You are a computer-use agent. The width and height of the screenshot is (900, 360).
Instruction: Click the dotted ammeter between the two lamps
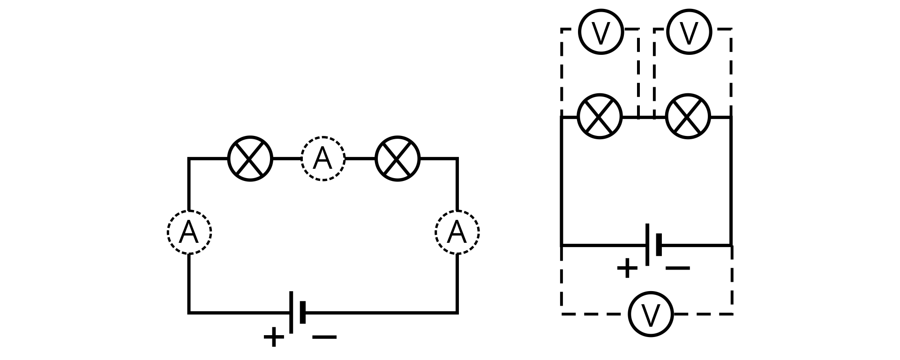tap(323, 159)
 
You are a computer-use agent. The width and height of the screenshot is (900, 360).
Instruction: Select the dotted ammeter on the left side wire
tap(189, 232)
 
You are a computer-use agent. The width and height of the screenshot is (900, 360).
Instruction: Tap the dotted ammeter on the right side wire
tap(457, 232)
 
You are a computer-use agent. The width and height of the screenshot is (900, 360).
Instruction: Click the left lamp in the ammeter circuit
tap(250, 158)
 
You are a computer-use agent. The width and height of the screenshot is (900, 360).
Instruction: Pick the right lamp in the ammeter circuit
tap(397, 158)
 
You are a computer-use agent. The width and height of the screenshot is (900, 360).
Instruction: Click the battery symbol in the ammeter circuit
tap(297, 313)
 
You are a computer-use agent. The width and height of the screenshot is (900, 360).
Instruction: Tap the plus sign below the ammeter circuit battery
tap(274, 337)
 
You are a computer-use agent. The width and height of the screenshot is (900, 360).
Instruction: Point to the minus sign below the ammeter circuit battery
tap(324, 337)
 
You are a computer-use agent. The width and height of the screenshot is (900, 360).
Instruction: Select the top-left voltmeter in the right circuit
tap(601, 31)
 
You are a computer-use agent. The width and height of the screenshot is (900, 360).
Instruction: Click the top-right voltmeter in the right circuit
tap(689, 31)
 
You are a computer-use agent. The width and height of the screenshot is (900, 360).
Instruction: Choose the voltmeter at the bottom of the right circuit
tap(651, 314)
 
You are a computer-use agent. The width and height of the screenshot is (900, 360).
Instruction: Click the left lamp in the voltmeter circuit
tap(600, 116)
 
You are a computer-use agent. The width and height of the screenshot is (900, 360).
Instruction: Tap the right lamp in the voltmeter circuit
tap(688, 116)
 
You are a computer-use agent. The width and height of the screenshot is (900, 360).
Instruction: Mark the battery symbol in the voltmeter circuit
tap(653, 245)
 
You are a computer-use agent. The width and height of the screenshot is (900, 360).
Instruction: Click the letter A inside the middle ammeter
tap(322, 159)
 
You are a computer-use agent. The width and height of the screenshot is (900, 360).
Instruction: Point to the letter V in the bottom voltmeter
tap(651, 315)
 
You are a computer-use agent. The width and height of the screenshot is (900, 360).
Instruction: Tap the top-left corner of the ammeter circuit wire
tap(189, 159)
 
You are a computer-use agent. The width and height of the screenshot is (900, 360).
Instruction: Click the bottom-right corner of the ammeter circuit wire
tap(457, 313)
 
